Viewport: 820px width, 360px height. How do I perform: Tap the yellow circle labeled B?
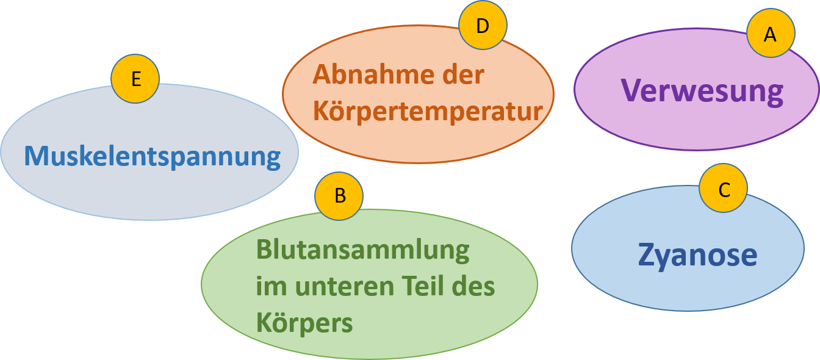click(339, 196)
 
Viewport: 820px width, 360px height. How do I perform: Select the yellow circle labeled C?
click(723, 189)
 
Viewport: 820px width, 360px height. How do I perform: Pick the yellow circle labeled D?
click(483, 26)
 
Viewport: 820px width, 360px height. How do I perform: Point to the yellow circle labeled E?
click(135, 79)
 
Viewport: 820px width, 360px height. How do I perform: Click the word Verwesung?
click(702, 91)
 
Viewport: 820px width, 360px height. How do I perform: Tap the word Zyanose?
click(697, 254)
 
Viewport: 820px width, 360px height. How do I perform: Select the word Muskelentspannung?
click(152, 156)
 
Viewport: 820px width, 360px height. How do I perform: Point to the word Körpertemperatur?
click(428, 112)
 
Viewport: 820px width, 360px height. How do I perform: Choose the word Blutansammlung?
click(362, 250)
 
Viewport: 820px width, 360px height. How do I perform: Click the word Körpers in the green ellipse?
click(304, 323)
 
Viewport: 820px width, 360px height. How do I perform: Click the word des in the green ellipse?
click(473, 286)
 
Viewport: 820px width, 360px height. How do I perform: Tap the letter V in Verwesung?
click(633, 90)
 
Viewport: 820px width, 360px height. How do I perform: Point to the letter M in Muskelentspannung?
click(36, 156)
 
